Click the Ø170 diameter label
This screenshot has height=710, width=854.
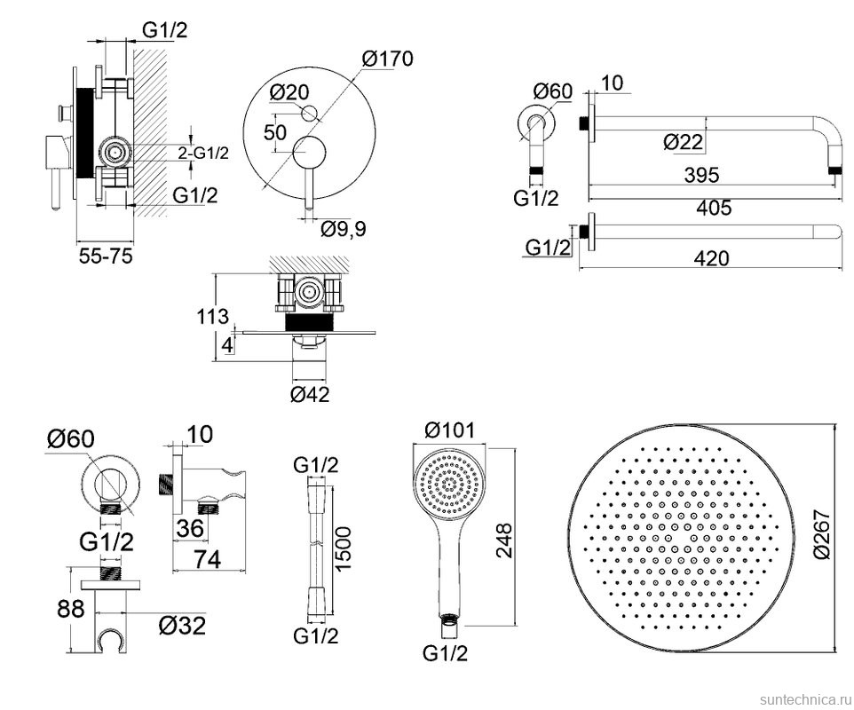388,59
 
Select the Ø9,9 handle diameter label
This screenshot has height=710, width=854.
343,229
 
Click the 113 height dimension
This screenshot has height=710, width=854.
214,315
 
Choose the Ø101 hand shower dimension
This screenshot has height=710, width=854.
450,430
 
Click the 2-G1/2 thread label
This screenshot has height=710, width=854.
203,153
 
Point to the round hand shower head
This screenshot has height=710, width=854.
452,486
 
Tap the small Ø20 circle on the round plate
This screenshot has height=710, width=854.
309,113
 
